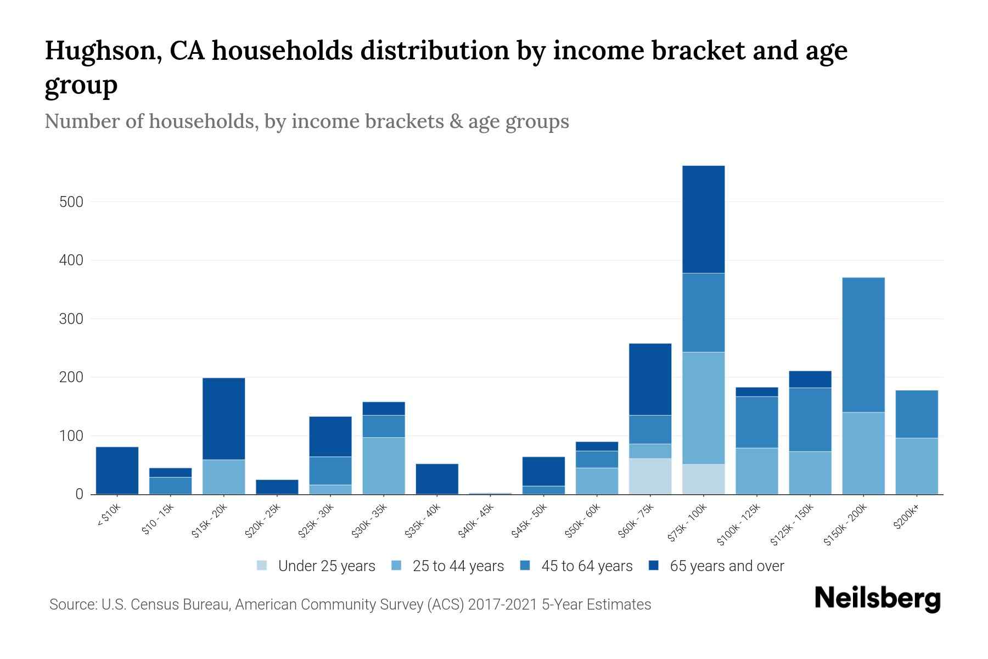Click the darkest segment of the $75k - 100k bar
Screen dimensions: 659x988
(x=703, y=219)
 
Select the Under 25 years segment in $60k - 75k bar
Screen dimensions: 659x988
(x=650, y=476)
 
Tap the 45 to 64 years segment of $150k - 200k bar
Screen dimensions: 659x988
(x=863, y=345)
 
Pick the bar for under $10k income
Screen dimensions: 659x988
(x=117, y=471)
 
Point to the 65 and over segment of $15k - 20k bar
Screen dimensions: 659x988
(x=223, y=418)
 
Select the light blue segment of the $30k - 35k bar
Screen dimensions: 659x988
(x=384, y=466)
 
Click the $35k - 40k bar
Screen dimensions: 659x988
(x=437, y=479)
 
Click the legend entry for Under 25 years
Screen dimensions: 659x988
(x=316, y=566)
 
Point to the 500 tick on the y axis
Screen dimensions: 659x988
(x=71, y=202)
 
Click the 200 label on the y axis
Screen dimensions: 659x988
(x=71, y=377)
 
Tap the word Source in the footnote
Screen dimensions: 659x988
(x=72, y=605)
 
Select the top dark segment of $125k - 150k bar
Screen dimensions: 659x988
(x=810, y=379)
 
